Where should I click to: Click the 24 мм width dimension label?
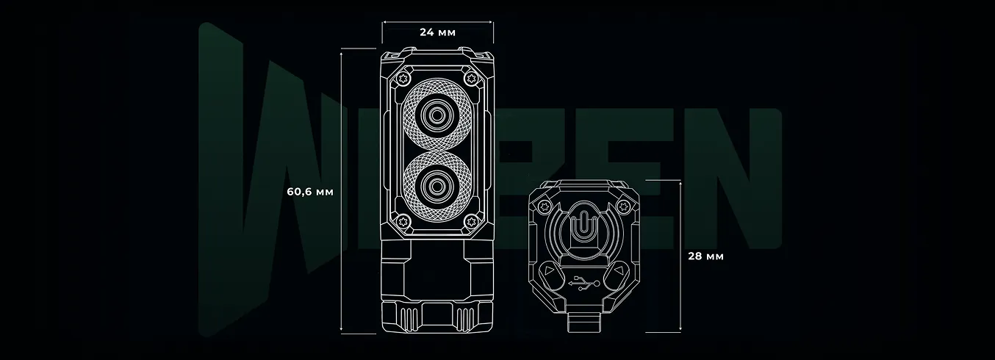[x=437, y=32]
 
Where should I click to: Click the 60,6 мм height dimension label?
[x=310, y=192]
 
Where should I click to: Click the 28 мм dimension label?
[x=705, y=256]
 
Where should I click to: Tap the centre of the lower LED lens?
[x=437, y=187]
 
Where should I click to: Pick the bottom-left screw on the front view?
[x=403, y=220]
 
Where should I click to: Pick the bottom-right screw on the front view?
[x=470, y=220]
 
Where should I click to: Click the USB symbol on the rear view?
[x=584, y=284]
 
